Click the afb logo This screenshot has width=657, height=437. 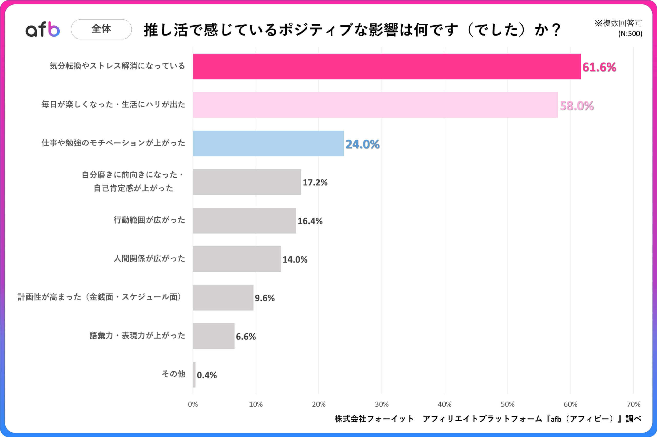tap(43, 29)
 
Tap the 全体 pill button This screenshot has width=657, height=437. tap(101, 29)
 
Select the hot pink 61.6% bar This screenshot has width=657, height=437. tap(387, 67)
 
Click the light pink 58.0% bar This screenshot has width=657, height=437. tap(375, 105)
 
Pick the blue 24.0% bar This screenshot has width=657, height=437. tap(268, 144)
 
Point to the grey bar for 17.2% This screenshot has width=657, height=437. tap(247, 182)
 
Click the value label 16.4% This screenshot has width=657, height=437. tap(310, 221)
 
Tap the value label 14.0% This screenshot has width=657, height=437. tap(295, 259)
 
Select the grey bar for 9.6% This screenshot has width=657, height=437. tap(223, 298)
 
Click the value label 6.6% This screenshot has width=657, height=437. tap(246, 337)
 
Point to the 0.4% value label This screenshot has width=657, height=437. tap(207, 375)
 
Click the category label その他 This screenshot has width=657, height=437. tap(173, 374)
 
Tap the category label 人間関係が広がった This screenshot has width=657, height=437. tap(149, 258)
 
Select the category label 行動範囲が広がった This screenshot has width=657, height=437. tap(149, 220)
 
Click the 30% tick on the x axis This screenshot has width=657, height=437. tap(381, 404)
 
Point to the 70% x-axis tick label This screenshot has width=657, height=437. tap(633, 404)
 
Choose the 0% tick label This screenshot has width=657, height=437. tap(193, 404)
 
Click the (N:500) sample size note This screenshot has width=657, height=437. tap(630, 34)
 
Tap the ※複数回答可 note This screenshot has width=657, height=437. tap(618, 23)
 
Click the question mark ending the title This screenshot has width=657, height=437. tap(556, 30)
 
